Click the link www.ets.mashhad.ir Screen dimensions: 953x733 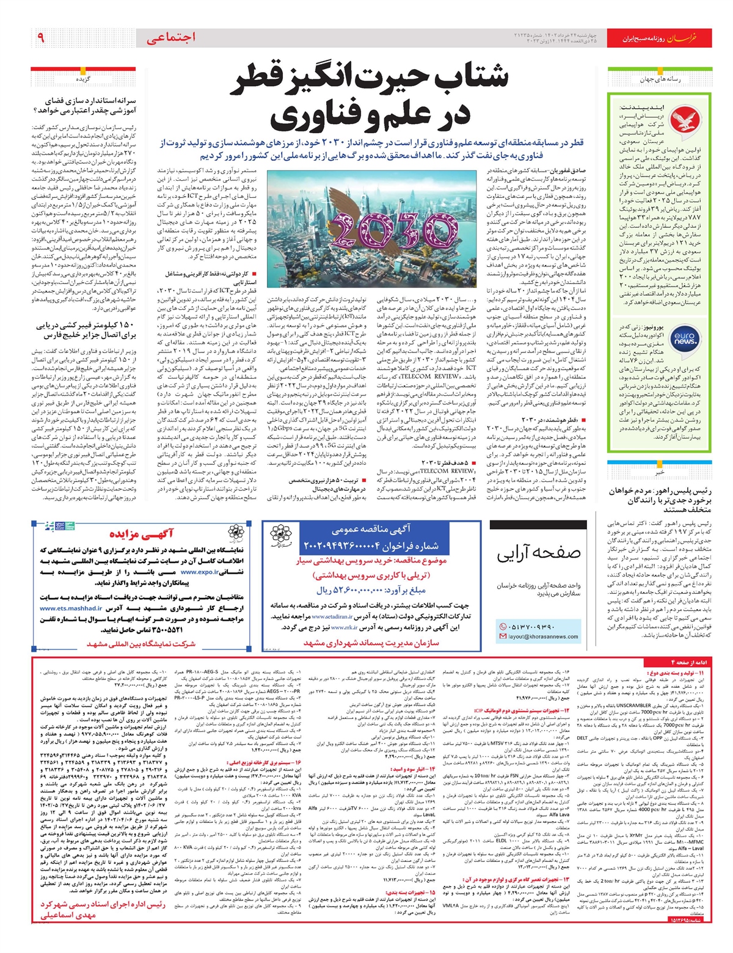(x=71, y=608)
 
